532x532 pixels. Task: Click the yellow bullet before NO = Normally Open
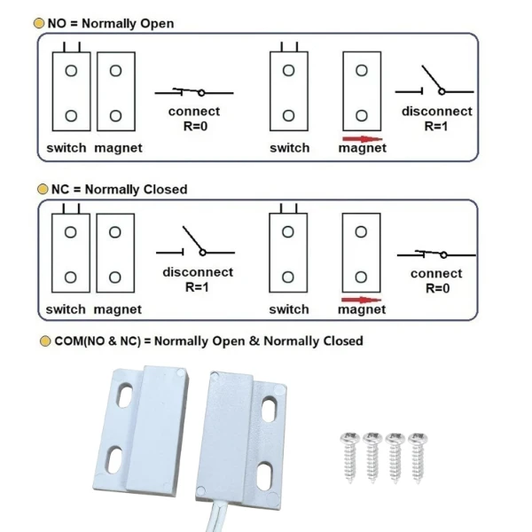tap(39, 23)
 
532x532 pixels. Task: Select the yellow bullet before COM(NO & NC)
tap(45, 341)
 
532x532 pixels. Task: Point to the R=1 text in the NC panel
tap(198, 286)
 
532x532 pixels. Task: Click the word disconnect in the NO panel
tap(436, 112)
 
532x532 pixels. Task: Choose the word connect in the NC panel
tap(436, 274)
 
